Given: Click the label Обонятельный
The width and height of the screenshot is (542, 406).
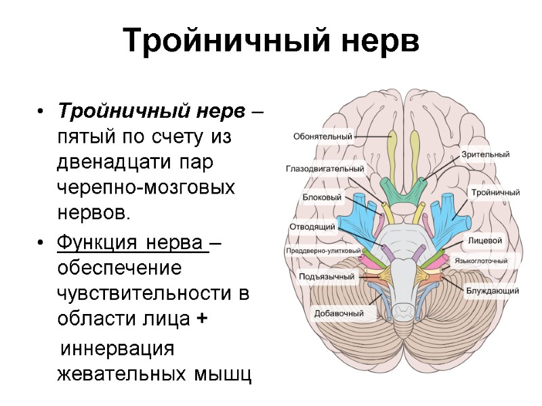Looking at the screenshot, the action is [x=322, y=136].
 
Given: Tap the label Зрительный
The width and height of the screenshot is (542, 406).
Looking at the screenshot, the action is [x=485, y=154].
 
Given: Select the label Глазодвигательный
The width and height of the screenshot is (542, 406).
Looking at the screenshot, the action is [x=325, y=168].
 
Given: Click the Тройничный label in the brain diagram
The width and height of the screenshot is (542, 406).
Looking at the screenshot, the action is [x=496, y=192].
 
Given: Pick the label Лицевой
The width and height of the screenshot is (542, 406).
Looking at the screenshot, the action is [x=484, y=240].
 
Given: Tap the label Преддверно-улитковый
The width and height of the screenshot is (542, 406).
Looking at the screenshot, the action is [x=323, y=251].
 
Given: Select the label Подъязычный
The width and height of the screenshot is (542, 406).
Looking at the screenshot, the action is [x=327, y=277].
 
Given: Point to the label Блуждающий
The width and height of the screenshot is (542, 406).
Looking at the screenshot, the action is [x=493, y=291].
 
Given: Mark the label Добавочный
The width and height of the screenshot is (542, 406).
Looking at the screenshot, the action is [x=339, y=313].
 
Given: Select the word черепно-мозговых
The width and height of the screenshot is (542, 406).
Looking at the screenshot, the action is [x=146, y=187].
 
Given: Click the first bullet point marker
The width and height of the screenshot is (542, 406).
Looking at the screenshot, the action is [x=42, y=111].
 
